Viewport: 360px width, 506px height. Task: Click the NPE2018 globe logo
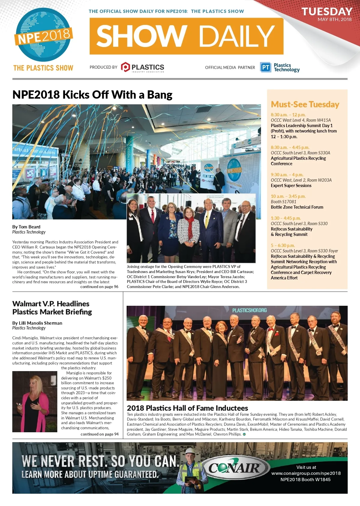(43, 35)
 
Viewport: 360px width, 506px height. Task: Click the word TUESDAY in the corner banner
(327, 11)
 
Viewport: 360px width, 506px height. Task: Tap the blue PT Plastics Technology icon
(265, 67)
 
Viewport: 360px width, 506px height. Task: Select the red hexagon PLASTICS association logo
(125, 67)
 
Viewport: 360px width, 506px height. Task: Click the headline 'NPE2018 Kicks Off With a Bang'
(92, 95)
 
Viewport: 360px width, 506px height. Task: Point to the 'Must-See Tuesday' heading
(305, 104)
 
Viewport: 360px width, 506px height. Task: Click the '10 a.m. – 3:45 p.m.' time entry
(288, 196)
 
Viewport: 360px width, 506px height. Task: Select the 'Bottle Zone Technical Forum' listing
(297, 207)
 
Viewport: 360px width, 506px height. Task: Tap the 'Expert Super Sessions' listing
(291, 186)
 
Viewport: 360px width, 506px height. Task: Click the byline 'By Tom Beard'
(26, 227)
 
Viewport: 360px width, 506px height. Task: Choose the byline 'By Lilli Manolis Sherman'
(37, 323)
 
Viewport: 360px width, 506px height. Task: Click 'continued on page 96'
(99, 287)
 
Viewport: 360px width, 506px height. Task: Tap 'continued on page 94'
(100, 434)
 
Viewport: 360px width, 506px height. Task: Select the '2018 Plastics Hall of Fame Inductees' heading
(187, 408)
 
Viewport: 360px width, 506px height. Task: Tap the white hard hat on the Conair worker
(190, 451)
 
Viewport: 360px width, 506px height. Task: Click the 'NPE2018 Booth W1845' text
(305, 480)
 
